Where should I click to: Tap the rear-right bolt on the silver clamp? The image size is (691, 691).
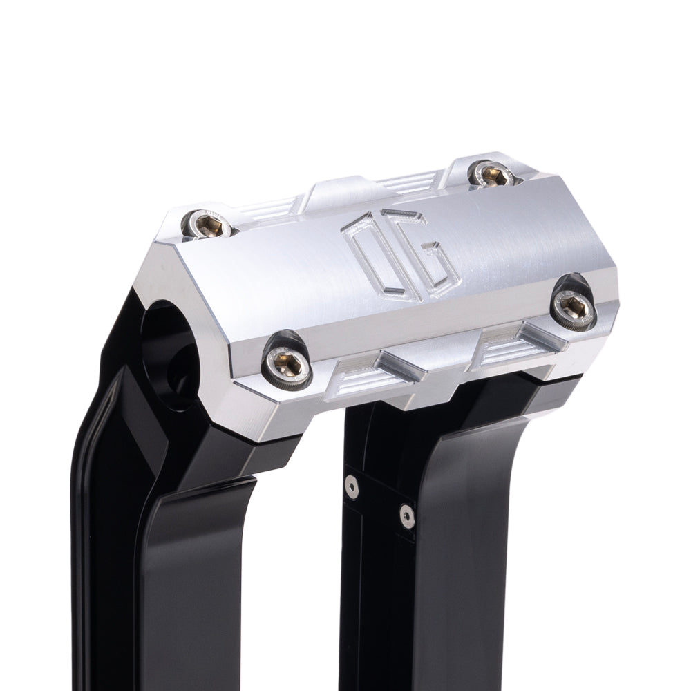(493, 174)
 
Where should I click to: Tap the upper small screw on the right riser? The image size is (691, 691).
(352, 487)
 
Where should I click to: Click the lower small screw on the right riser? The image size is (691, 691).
(407, 515)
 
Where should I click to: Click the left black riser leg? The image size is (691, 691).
(166, 553)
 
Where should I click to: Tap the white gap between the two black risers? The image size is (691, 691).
(304, 567)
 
